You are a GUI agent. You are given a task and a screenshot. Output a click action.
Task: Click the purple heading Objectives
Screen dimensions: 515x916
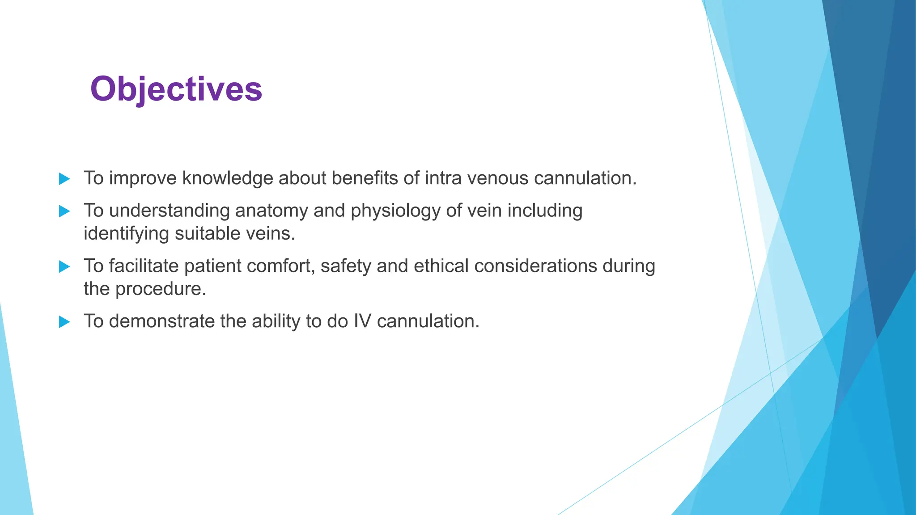[x=176, y=89]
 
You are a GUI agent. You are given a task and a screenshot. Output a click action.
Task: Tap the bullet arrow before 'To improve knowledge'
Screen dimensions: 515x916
[x=64, y=179]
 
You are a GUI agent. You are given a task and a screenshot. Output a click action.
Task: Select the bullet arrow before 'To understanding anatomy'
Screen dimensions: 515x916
[x=64, y=211]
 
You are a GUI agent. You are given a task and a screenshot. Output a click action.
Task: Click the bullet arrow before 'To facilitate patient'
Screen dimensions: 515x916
[x=64, y=266]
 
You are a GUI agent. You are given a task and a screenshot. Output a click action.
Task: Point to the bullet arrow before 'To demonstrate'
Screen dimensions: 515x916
[x=64, y=322]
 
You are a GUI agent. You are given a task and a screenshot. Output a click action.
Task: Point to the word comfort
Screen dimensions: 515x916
[x=280, y=266]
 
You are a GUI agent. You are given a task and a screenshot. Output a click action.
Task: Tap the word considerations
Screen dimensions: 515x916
[x=535, y=266]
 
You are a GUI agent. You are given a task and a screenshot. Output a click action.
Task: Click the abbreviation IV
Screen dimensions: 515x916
[x=362, y=321]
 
